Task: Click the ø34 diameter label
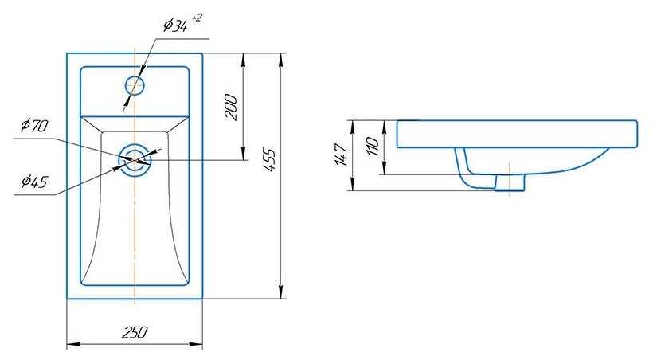pos(175,25)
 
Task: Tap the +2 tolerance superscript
pos(197,18)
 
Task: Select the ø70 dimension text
pos(35,125)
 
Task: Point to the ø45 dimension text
pos(35,182)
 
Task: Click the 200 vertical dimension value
pos(232,108)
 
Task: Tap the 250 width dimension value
pos(135,332)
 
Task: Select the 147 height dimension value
pos(342,155)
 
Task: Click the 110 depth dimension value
pos(373,147)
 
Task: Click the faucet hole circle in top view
pos(126,85)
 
